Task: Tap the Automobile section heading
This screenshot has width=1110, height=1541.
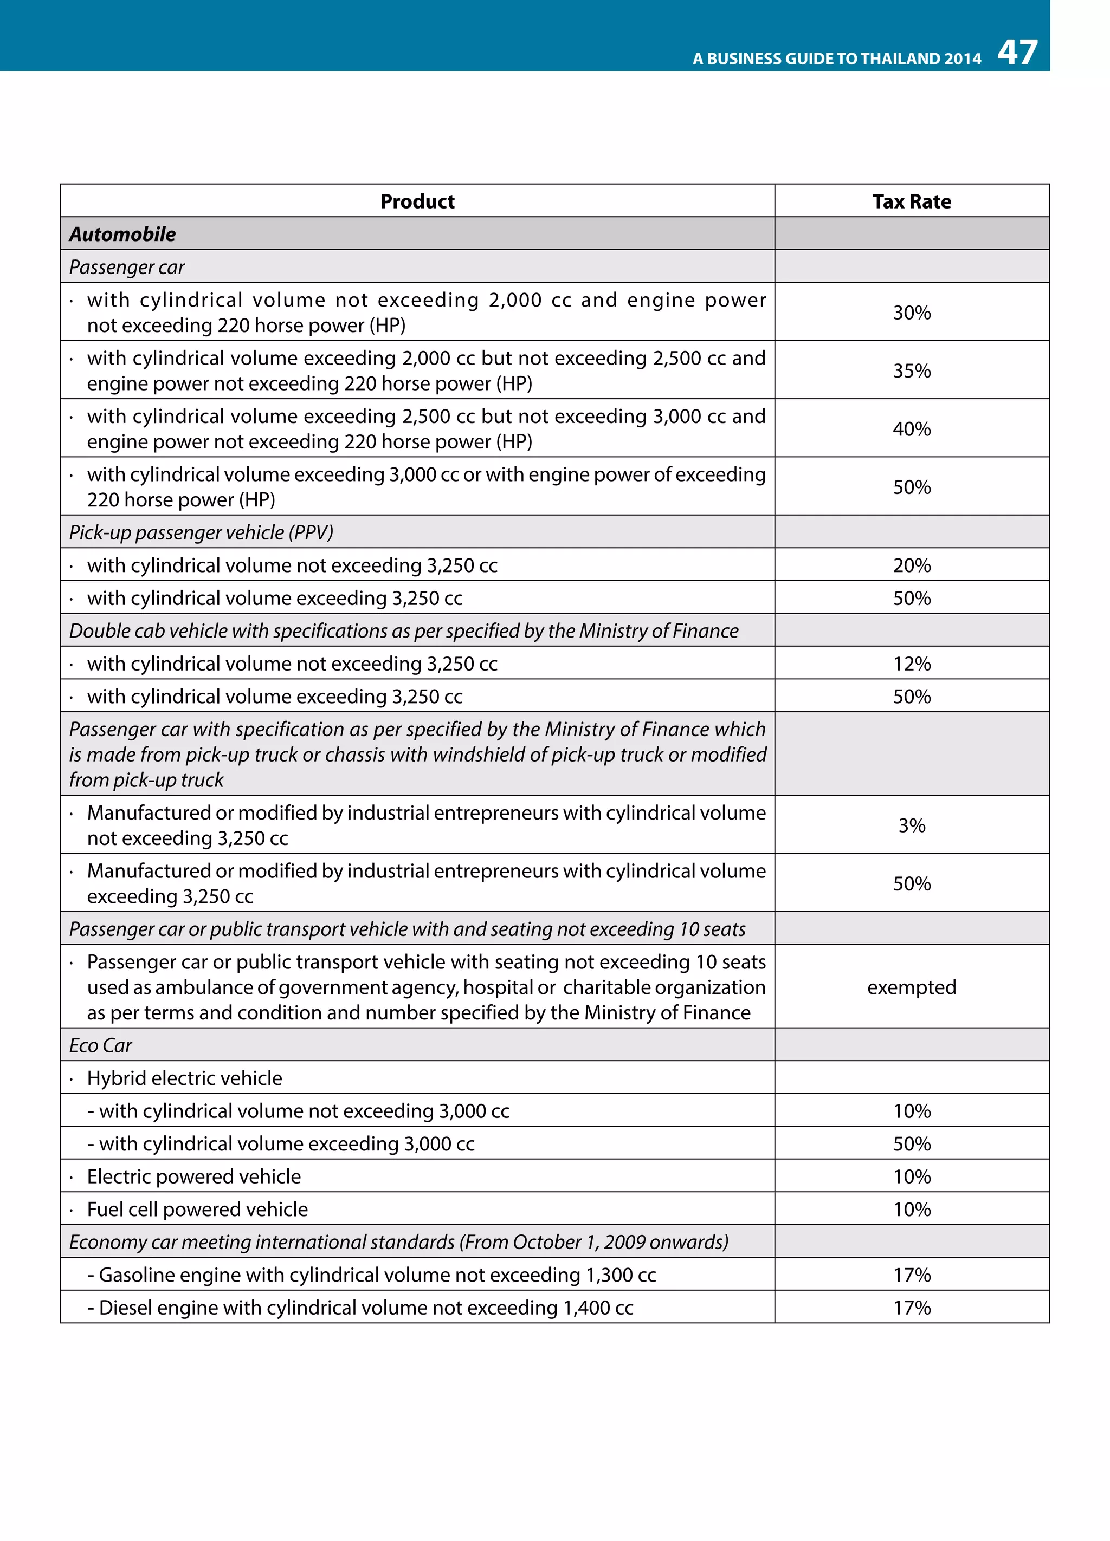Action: coord(122,234)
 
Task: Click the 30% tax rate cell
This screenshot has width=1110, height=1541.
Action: coord(911,313)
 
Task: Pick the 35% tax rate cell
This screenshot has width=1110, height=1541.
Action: coord(911,370)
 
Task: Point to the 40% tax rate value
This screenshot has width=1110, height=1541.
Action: coord(911,429)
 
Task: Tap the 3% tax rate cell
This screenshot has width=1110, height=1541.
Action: coord(911,825)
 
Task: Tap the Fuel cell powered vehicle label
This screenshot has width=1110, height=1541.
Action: coord(197,1209)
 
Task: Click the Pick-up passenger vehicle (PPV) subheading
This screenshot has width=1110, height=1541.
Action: coord(201,532)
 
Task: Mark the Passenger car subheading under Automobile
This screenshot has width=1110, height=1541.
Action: coord(127,267)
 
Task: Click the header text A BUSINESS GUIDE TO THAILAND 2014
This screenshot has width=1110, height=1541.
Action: coord(836,58)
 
